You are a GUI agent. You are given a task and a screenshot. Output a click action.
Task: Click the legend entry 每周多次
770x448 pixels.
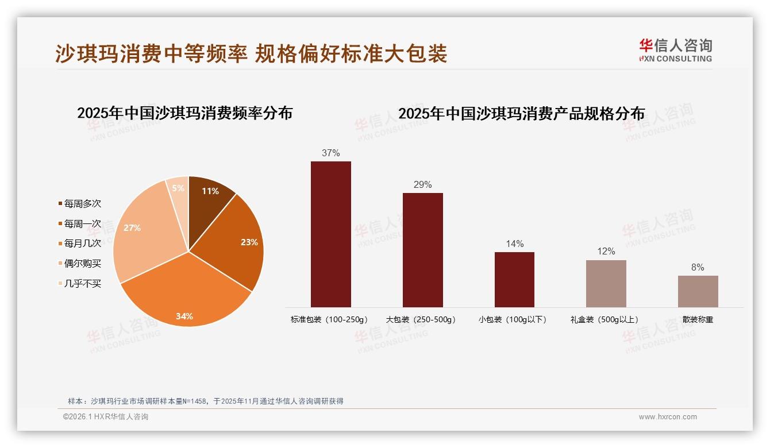pyautogui.click(x=82, y=204)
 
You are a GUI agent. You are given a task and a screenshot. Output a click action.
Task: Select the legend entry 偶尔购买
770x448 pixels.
pyautogui.click(x=82, y=264)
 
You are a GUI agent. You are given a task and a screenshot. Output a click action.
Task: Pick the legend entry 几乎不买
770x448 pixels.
pyautogui.click(x=82, y=283)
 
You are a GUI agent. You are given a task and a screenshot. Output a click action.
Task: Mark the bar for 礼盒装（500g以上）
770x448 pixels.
pyautogui.click(x=606, y=284)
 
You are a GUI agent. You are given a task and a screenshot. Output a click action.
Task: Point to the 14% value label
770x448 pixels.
pyautogui.click(x=514, y=244)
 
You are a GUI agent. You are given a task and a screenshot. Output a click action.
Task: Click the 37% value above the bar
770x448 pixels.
pyautogui.click(x=331, y=153)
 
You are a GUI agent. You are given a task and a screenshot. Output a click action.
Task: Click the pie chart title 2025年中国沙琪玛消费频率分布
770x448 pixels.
pyautogui.click(x=185, y=113)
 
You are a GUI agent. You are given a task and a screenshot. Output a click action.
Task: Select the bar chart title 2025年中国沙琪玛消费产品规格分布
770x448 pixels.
pyautogui.click(x=521, y=113)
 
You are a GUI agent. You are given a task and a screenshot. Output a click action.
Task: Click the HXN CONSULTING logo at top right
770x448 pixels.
pyautogui.click(x=675, y=51)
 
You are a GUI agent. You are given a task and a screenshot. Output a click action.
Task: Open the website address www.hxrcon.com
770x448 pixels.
pyautogui.click(x=668, y=417)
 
